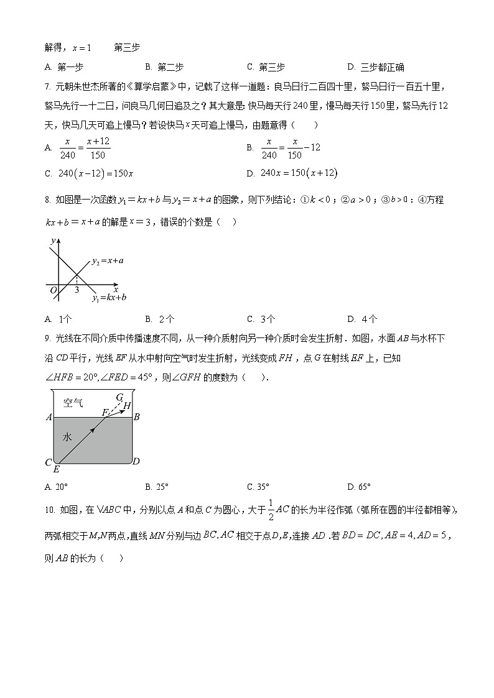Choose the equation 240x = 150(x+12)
coord(299,173)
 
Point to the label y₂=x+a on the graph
coord(108,261)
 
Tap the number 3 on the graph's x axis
coord(77,290)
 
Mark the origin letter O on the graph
coord(53,290)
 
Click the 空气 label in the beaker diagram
coord(73,403)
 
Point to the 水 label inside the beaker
coord(67,437)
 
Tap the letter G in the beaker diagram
coord(119,397)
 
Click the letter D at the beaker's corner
coord(136,461)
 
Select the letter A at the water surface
coord(49,417)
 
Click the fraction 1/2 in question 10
coord(271,509)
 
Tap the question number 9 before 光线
coord(47,338)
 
